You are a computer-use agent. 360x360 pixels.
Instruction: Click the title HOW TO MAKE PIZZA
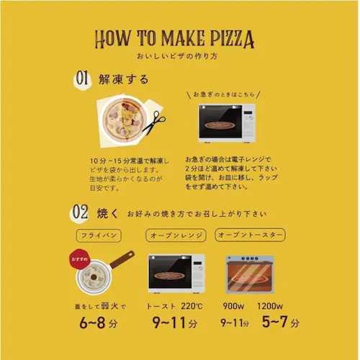point(179,39)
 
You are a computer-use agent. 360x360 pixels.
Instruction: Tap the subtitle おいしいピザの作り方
point(179,56)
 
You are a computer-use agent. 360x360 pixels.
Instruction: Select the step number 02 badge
point(81,213)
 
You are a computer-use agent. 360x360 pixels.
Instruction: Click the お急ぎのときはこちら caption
point(222,94)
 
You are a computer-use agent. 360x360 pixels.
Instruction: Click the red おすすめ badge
point(80,256)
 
